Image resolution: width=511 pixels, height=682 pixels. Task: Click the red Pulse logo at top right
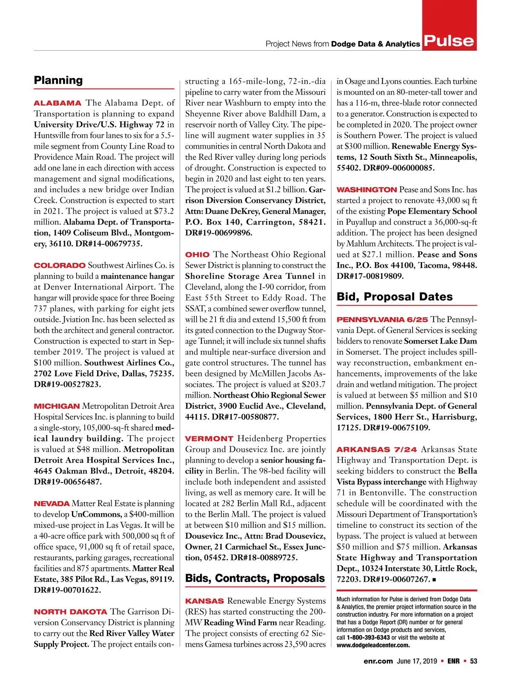click(449, 40)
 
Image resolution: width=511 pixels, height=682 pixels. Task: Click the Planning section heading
click(58, 80)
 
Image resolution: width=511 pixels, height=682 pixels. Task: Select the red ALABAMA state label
click(57, 103)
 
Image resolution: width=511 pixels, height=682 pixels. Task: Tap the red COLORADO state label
click(60, 266)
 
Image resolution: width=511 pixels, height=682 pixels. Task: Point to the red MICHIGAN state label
click(57, 406)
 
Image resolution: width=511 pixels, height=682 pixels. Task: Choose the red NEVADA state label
click(52, 504)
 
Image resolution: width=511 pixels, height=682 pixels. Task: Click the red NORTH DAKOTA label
click(70, 612)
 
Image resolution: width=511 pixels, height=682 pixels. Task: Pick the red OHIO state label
click(197, 255)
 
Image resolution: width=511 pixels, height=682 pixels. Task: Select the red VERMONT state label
click(209, 439)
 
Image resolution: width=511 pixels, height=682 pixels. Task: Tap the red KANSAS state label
click(204, 601)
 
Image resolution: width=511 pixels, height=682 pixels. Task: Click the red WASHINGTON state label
click(367, 190)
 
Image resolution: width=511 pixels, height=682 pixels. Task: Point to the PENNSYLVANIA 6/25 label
click(382, 320)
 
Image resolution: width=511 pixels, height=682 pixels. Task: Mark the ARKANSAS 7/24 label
click(376, 450)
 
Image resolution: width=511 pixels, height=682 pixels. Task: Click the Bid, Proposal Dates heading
click(394, 297)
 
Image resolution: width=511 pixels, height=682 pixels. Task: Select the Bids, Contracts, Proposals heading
click(255, 578)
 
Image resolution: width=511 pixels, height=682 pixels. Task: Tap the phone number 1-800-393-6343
click(368, 638)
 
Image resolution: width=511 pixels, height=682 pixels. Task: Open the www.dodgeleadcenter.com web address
click(373, 645)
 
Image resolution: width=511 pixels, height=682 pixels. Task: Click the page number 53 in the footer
click(474, 661)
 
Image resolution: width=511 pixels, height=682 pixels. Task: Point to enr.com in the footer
click(378, 661)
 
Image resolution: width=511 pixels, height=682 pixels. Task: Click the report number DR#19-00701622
click(67, 590)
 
